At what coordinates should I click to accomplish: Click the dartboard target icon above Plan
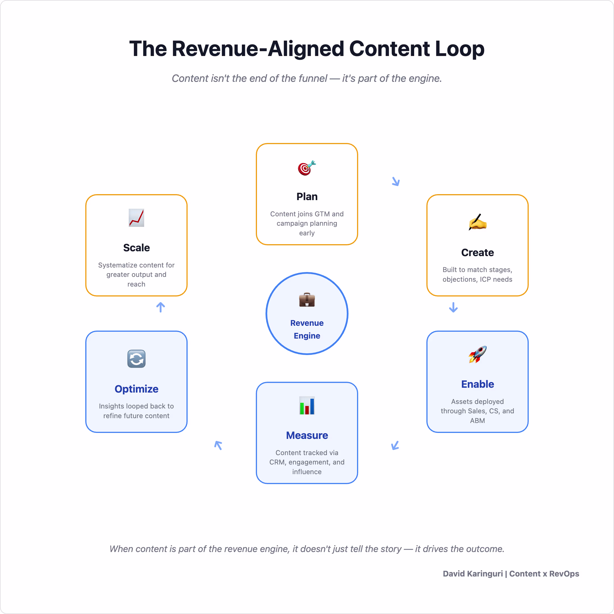(307, 168)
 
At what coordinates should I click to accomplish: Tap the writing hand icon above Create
(477, 222)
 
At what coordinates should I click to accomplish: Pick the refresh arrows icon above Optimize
(136, 359)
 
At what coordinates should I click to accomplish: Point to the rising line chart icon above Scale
(136, 218)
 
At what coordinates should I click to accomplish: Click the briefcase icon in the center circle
(307, 300)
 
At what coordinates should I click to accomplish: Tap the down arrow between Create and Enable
(453, 307)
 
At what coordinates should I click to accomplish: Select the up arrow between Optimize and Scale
(161, 307)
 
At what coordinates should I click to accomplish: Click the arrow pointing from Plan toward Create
(396, 181)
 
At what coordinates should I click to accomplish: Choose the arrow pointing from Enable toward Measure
(395, 445)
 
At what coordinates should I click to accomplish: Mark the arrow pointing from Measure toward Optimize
(218, 445)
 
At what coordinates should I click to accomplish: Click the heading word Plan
(307, 197)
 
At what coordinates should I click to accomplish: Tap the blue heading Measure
(307, 435)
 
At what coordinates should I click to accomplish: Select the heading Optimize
(136, 389)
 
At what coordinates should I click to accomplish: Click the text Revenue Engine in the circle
(307, 329)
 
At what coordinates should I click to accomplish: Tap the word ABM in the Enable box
(477, 420)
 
